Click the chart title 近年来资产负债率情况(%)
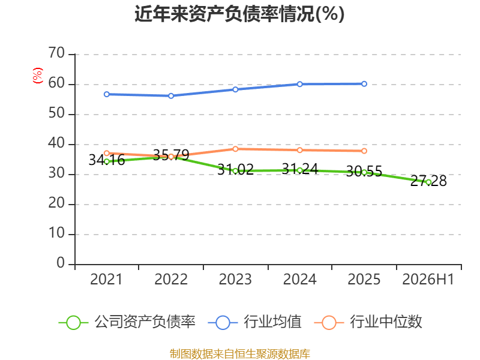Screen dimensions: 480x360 [239, 14]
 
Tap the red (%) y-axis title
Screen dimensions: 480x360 [38, 76]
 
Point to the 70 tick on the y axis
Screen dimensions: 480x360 [56, 53]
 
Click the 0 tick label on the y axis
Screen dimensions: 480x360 [61, 263]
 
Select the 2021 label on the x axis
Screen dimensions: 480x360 [106, 280]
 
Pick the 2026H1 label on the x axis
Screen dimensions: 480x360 [428, 280]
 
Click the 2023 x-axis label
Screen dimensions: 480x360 [235, 280]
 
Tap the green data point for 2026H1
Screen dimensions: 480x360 [428, 182]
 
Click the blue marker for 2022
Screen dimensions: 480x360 [171, 96]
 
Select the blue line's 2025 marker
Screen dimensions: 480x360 [364, 84]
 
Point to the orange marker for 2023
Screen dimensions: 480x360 [235, 149]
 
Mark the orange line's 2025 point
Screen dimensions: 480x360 [364, 151]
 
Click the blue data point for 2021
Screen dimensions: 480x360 [107, 94]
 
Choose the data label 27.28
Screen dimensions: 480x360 [428, 181]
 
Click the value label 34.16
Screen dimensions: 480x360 [107, 160]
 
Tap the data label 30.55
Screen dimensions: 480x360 [364, 171]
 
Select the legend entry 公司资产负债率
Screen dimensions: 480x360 [127, 322]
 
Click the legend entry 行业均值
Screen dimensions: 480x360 [254, 322]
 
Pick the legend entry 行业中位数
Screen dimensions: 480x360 [368, 322]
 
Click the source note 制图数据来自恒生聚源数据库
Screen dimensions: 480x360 [240, 354]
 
